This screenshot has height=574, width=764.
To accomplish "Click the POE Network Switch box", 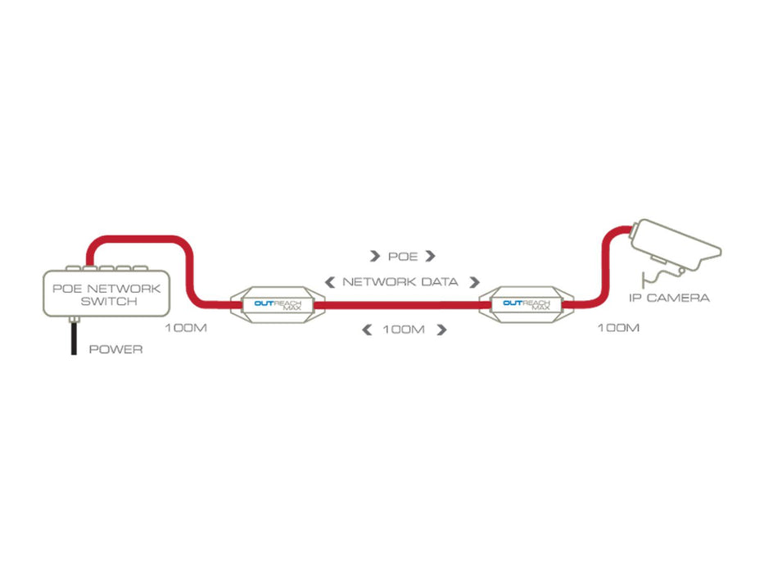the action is point(106,293).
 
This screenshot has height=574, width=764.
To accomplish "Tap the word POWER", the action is point(116,349).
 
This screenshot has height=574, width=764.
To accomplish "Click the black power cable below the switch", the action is point(74,339).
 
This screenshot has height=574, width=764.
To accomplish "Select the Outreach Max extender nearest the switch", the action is point(278,305).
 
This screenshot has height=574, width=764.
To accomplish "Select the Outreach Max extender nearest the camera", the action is point(527,305).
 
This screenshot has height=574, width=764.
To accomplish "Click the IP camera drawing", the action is point(674,249).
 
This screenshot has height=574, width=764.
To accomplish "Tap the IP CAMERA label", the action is point(669,298).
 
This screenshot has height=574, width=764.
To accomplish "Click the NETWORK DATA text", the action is point(400,282).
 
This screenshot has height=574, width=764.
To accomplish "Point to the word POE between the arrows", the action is point(403,257).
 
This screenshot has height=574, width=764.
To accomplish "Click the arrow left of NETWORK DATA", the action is point(330,282).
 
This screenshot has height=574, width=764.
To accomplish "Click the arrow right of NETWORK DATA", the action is point(475,282).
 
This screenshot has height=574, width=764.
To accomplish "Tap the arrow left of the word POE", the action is point(375,256).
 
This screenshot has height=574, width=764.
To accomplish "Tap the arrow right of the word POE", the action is point(430,256).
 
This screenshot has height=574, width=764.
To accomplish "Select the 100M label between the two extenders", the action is point(404,330).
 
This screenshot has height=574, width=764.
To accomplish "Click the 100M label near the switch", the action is point(186,328).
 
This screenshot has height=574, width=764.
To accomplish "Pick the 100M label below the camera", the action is point(618,328).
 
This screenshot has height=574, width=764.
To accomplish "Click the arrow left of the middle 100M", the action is point(367,330).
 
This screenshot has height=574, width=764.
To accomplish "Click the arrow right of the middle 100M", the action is point(441,330).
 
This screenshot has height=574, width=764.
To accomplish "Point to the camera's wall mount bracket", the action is point(655,277).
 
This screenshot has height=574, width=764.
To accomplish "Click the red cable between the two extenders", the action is point(402,306).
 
